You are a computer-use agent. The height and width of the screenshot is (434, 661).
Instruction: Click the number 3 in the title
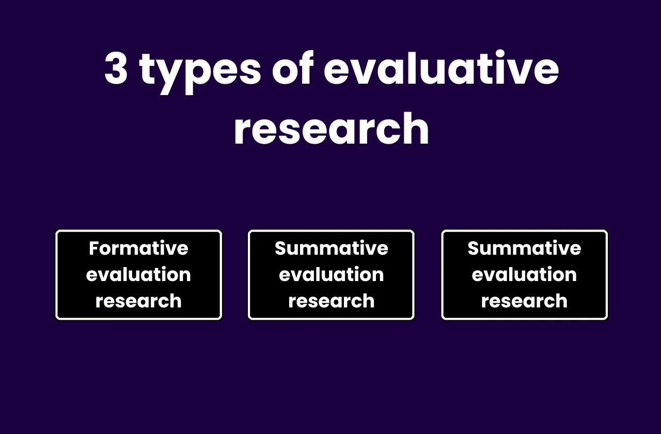(x=116, y=69)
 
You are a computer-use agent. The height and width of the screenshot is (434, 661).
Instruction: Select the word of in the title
(x=293, y=69)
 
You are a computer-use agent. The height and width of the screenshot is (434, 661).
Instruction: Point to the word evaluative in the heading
(x=442, y=69)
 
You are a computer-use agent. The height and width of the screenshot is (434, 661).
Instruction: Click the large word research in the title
(x=332, y=129)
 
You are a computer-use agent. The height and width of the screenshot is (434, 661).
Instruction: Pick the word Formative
(x=138, y=249)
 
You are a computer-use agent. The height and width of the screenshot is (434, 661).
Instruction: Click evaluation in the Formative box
(x=138, y=274)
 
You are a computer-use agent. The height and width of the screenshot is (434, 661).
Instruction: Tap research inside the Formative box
(x=138, y=301)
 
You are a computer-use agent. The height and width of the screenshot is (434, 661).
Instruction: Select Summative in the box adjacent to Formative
(x=332, y=249)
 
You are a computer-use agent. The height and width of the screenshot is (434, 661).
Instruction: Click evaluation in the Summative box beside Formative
(x=332, y=274)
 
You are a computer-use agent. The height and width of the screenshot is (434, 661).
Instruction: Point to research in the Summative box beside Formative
(x=332, y=301)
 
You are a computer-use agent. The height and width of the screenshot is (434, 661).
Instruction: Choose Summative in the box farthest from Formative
(x=524, y=249)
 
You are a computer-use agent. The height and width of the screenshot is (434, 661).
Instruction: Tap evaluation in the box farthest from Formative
(x=524, y=274)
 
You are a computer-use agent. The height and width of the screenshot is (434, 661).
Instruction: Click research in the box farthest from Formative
(x=524, y=301)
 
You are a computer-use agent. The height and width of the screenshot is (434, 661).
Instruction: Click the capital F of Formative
(x=93, y=249)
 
